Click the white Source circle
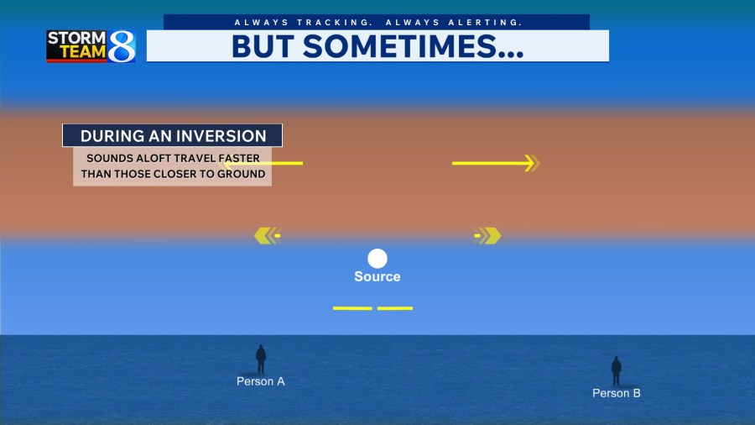pyautogui.click(x=377, y=259)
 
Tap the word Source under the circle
pyautogui.click(x=377, y=276)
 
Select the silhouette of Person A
pyautogui.click(x=261, y=359)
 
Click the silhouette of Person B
pyautogui.click(x=617, y=371)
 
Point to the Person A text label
pyautogui.click(x=261, y=381)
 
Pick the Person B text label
pyautogui.click(x=617, y=393)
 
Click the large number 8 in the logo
pyautogui.click(x=122, y=46)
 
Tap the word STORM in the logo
pyautogui.click(x=76, y=38)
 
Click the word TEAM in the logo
pyautogui.click(x=83, y=51)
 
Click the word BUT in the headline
pyautogui.click(x=263, y=47)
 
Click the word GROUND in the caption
pyautogui.click(x=242, y=174)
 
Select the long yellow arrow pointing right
pyautogui.click(x=496, y=163)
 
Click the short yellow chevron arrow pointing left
pyautogui.click(x=268, y=236)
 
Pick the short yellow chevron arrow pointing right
pyautogui.click(x=487, y=236)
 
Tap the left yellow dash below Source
pyautogui.click(x=352, y=308)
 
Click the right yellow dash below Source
pyautogui.click(x=395, y=308)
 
